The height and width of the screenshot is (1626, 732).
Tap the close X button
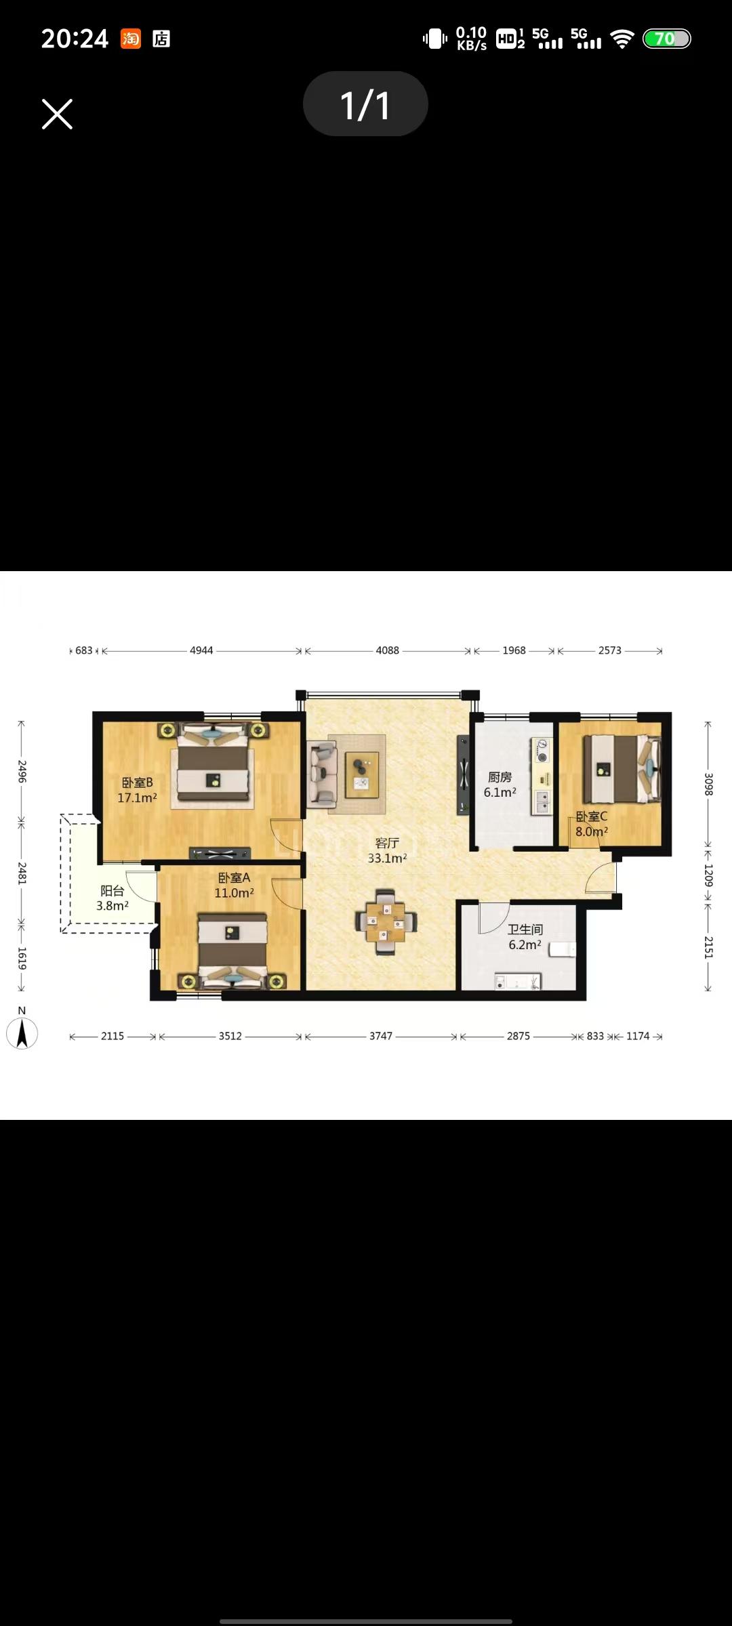click(x=57, y=114)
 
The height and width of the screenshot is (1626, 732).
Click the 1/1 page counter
click(x=365, y=105)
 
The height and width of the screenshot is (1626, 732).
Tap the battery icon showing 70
click(x=666, y=39)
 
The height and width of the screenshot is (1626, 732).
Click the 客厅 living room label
click(x=387, y=843)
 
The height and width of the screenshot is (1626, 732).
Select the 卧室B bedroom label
click(x=138, y=783)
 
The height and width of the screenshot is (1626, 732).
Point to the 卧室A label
click(x=234, y=878)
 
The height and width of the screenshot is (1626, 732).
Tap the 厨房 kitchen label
click(x=500, y=777)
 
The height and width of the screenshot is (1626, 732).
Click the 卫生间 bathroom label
click(x=525, y=930)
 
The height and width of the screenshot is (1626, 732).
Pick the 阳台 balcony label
click(x=113, y=891)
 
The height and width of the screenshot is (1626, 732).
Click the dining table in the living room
click(x=386, y=922)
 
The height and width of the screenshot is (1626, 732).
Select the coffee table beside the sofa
click(x=362, y=774)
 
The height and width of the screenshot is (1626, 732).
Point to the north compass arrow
click(x=22, y=1034)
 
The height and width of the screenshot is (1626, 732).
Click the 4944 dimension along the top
click(x=201, y=650)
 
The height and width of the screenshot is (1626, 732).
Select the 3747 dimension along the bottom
click(x=381, y=1036)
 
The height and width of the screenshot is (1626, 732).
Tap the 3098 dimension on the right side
click(x=708, y=784)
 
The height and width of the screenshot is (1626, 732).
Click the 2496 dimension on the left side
click(x=22, y=772)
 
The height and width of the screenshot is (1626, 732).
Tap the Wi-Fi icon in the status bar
click(x=622, y=39)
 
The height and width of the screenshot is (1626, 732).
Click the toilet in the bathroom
click(x=562, y=949)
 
